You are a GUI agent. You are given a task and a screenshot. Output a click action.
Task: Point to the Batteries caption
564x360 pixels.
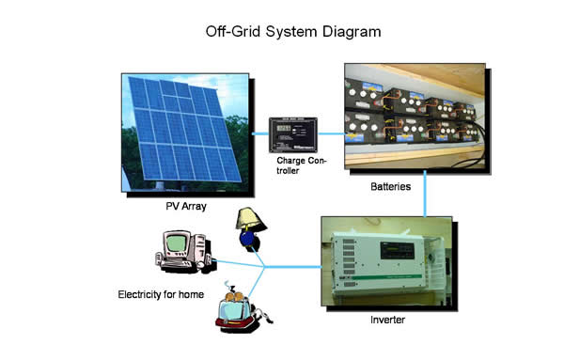click(390, 187)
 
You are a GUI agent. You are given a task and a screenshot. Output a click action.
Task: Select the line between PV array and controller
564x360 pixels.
click(260, 133)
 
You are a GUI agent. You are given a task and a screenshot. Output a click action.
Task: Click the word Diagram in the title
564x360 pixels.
click(350, 31)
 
